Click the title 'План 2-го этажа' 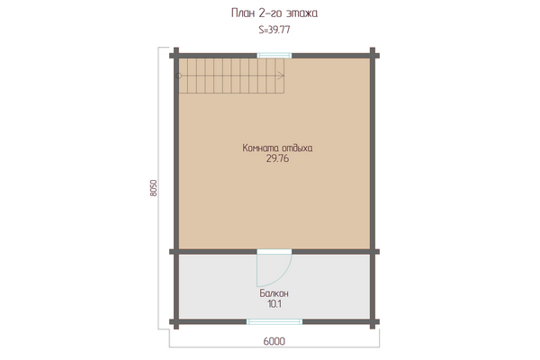click(x=274, y=13)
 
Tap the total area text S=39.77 click(x=274, y=30)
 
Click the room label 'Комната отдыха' click(x=277, y=148)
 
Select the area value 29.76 click(x=277, y=158)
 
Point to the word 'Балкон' click(x=274, y=293)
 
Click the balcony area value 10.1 click(x=274, y=304)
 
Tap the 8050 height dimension click(x=154, y=188)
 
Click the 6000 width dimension click(x=274, y=341)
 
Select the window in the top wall click(x=274, y=56)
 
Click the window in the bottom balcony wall click(x=274, y=322)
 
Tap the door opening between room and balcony click(x=274, y=252)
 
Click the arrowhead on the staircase click(x=281, y=76)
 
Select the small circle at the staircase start click(x=178, y=76)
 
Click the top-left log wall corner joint click(x=176, y=56)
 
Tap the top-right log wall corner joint click(x=373, y=56)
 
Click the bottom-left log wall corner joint click(x=176, y=322)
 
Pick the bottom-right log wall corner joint click(x=373, y=322)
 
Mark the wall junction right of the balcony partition click(x=373, y=252)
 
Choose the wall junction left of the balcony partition click(x=176, y=252)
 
